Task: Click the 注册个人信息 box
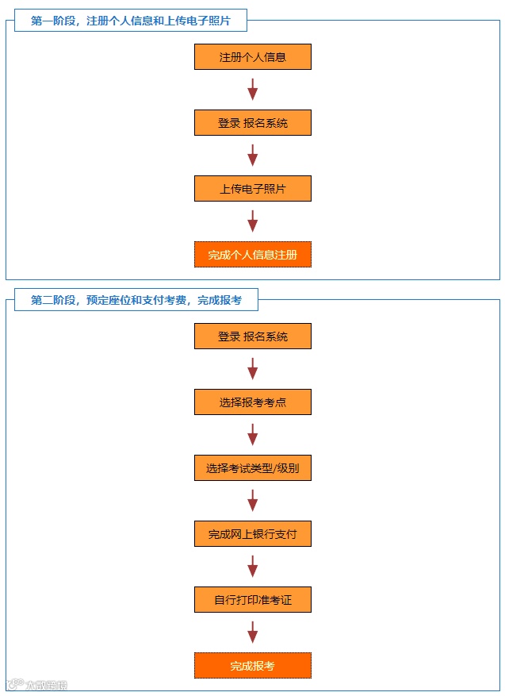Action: pos(252,57)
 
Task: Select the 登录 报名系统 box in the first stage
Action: pos(252,123)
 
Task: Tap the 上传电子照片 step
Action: pos(252,189)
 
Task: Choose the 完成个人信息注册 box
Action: pos(252,255)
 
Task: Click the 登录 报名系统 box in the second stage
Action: pos(252,336)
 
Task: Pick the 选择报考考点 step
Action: pos(252,402)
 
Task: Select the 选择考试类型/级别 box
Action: pos(252,468)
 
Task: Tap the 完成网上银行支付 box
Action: pos(252,534)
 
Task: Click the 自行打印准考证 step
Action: pos(252,600)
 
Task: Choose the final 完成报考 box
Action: pos(252,666)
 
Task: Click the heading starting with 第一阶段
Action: pos(131,21)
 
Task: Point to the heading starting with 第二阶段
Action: pos(136,300)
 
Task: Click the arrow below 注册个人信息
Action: pos(252,90)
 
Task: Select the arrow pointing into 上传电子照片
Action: pos(252,156)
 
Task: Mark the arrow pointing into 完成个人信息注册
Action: pos(252,221)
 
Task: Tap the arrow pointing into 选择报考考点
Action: pos(252,369)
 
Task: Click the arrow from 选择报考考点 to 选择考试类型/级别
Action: pos(252,435)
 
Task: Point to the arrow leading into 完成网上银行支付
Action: pos(252,501)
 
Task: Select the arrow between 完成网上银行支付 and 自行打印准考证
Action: pos(252,567)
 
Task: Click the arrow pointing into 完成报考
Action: pos(252,633)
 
